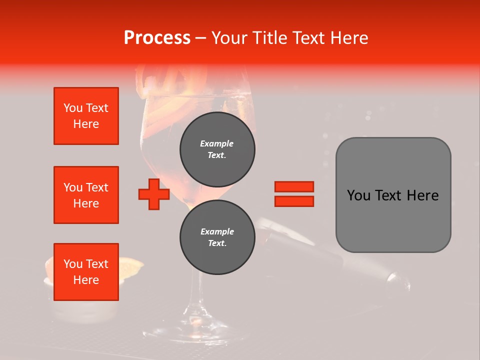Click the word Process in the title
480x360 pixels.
[157, 38]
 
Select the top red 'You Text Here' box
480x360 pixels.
[86, 116]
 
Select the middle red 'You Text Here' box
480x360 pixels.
[86, 195]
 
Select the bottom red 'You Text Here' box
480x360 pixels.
[86, 272]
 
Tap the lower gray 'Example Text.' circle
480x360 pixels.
[217, 237]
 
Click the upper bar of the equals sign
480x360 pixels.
[294, 186]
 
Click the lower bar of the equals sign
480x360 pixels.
[294, 201]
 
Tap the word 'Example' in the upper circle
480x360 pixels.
[217, 143]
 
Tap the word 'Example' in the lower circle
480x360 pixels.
[217, 231]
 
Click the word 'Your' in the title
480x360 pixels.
[228, 38]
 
